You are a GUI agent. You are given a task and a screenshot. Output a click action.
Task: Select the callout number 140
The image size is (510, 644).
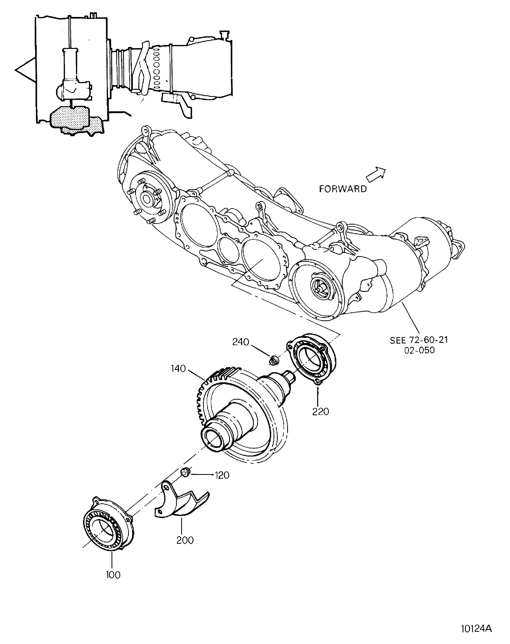[x=179, y=369]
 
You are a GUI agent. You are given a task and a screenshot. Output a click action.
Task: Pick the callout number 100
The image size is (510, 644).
[x=113, y=575]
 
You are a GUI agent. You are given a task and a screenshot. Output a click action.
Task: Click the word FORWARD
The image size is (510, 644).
[x=343, y=189]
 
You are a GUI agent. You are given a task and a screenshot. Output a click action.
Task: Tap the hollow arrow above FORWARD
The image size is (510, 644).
[x=376, y=174]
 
